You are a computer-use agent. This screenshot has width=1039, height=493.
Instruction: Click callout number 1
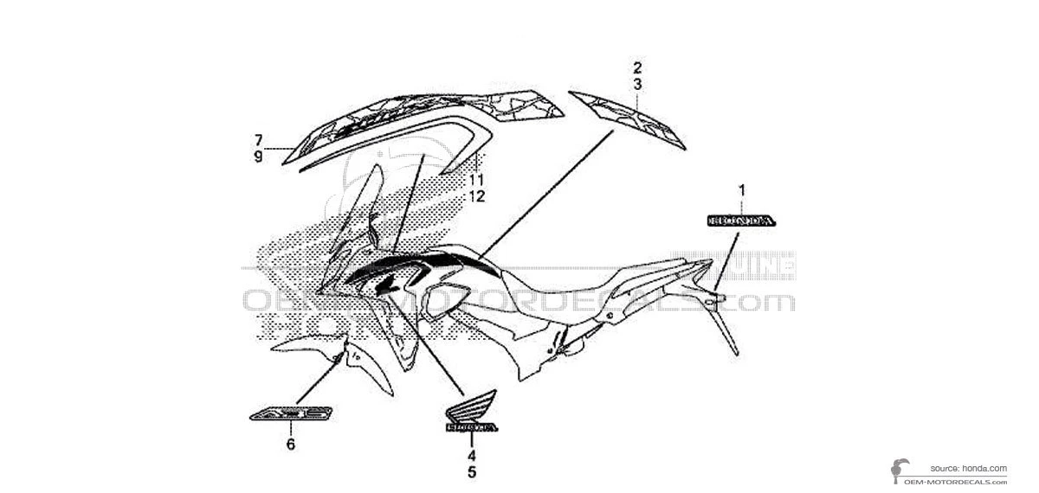[741, 189]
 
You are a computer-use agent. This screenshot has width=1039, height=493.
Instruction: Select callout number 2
[637, 67]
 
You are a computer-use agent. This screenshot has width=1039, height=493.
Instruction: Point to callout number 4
[472, 455]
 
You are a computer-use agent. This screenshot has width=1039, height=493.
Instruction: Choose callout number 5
[472, 472]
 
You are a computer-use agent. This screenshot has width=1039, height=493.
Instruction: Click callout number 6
[291, 445]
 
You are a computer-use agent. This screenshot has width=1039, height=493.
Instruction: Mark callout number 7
[258, 140]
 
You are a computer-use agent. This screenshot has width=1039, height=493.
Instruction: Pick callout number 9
[258, 157]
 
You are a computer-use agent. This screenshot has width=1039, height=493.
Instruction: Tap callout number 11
[476, 180]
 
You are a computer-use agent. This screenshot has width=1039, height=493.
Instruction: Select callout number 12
[476, 196]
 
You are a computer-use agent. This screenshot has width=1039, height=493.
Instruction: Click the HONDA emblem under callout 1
[741, 221]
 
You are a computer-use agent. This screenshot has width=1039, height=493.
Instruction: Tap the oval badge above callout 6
[289, 416]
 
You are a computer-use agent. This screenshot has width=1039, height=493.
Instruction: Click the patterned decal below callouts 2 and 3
[629, 118]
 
